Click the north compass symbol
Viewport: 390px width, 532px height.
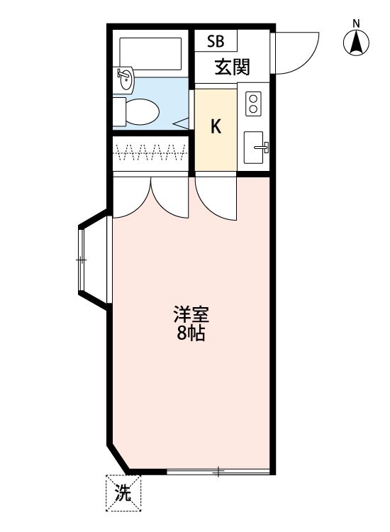tap(357, 43)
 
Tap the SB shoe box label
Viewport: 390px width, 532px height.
tap(216, 41)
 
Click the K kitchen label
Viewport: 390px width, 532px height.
tap(216, 127)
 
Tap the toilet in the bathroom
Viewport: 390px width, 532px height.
tap(138, 111)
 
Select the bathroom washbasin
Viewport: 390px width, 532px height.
tap(125, 77)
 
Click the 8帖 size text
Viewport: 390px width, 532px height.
tap(191, 333)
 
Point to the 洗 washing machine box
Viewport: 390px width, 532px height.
tap(123, 492)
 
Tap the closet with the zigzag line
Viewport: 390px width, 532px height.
tap(150, 150)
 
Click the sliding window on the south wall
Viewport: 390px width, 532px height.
tap(218, 471)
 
